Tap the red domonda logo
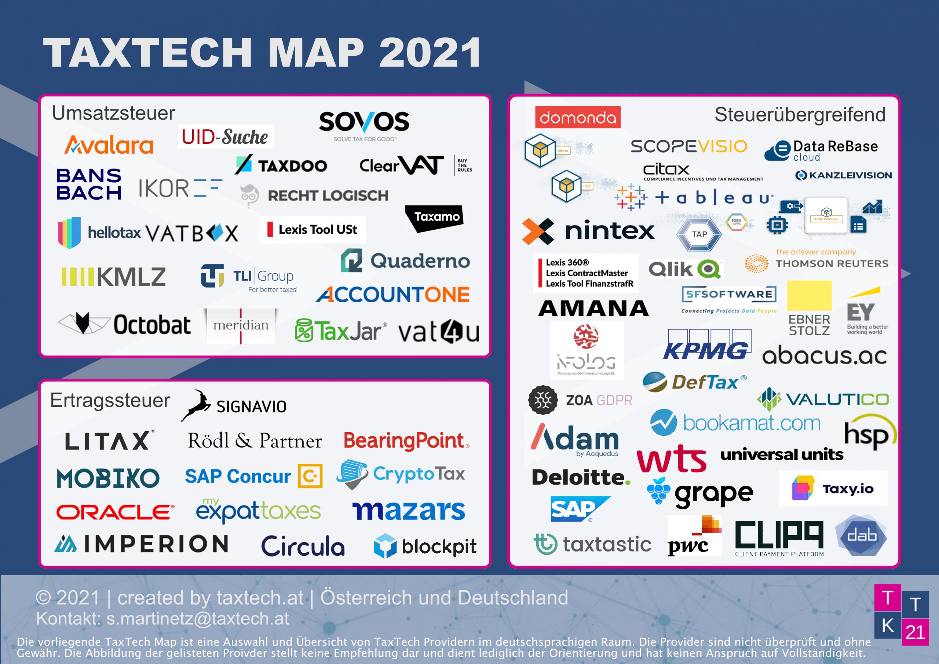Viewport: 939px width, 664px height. (x=577, y=117)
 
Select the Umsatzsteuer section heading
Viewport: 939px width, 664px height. (x=113, y=113)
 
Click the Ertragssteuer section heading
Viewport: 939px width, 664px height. (x=110, y=400)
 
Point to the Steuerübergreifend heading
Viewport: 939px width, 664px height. (x=800, y=114)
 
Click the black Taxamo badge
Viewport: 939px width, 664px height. (x=435, y=217)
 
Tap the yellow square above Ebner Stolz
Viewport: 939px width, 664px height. (x=809, y=295)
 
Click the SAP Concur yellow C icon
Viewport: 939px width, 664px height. (x=310, y=476)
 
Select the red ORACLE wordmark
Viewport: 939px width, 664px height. (x=115, y=512)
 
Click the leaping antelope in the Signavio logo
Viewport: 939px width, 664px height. (x=196, y=405)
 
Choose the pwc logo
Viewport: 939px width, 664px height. (x=694, y=536)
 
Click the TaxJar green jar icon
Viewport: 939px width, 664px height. (x=304, y=331)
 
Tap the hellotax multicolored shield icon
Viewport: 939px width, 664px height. (x=69, y=232)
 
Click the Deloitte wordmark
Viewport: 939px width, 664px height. (x=580, y=477)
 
